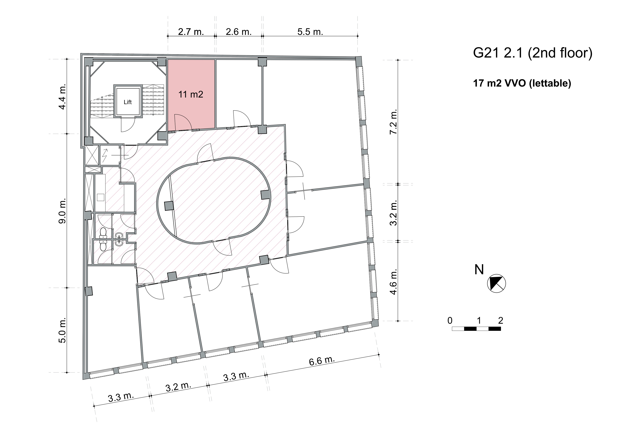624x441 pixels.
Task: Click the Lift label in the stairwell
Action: pos(128,102)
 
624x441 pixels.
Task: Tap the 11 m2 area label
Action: pos(191,94)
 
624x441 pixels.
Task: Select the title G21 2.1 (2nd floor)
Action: pos(532,53)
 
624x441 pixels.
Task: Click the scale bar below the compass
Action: pos(476,329)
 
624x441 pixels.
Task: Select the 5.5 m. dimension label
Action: pos(310,32)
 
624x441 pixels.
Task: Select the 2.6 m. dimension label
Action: pos(239,32)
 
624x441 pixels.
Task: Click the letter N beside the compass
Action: pos(479,270)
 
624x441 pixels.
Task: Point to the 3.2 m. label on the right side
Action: pos(393,213)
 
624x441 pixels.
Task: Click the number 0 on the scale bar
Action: pos(450,321)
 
